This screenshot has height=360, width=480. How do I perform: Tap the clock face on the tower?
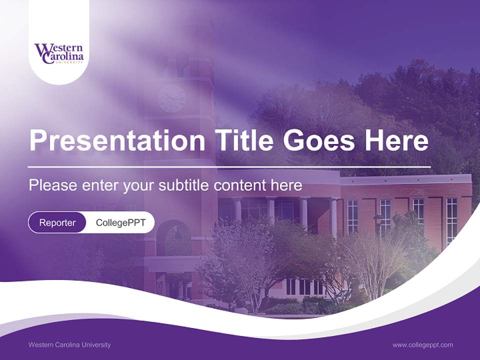point(171,98)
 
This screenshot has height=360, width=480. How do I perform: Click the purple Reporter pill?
point(57,222)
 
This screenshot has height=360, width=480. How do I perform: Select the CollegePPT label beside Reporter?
point(120,222)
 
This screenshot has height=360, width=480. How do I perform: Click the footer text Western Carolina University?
point(69,344)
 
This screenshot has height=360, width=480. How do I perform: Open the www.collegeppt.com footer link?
point(422,344)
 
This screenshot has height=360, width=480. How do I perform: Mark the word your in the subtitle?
point(139,185)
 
